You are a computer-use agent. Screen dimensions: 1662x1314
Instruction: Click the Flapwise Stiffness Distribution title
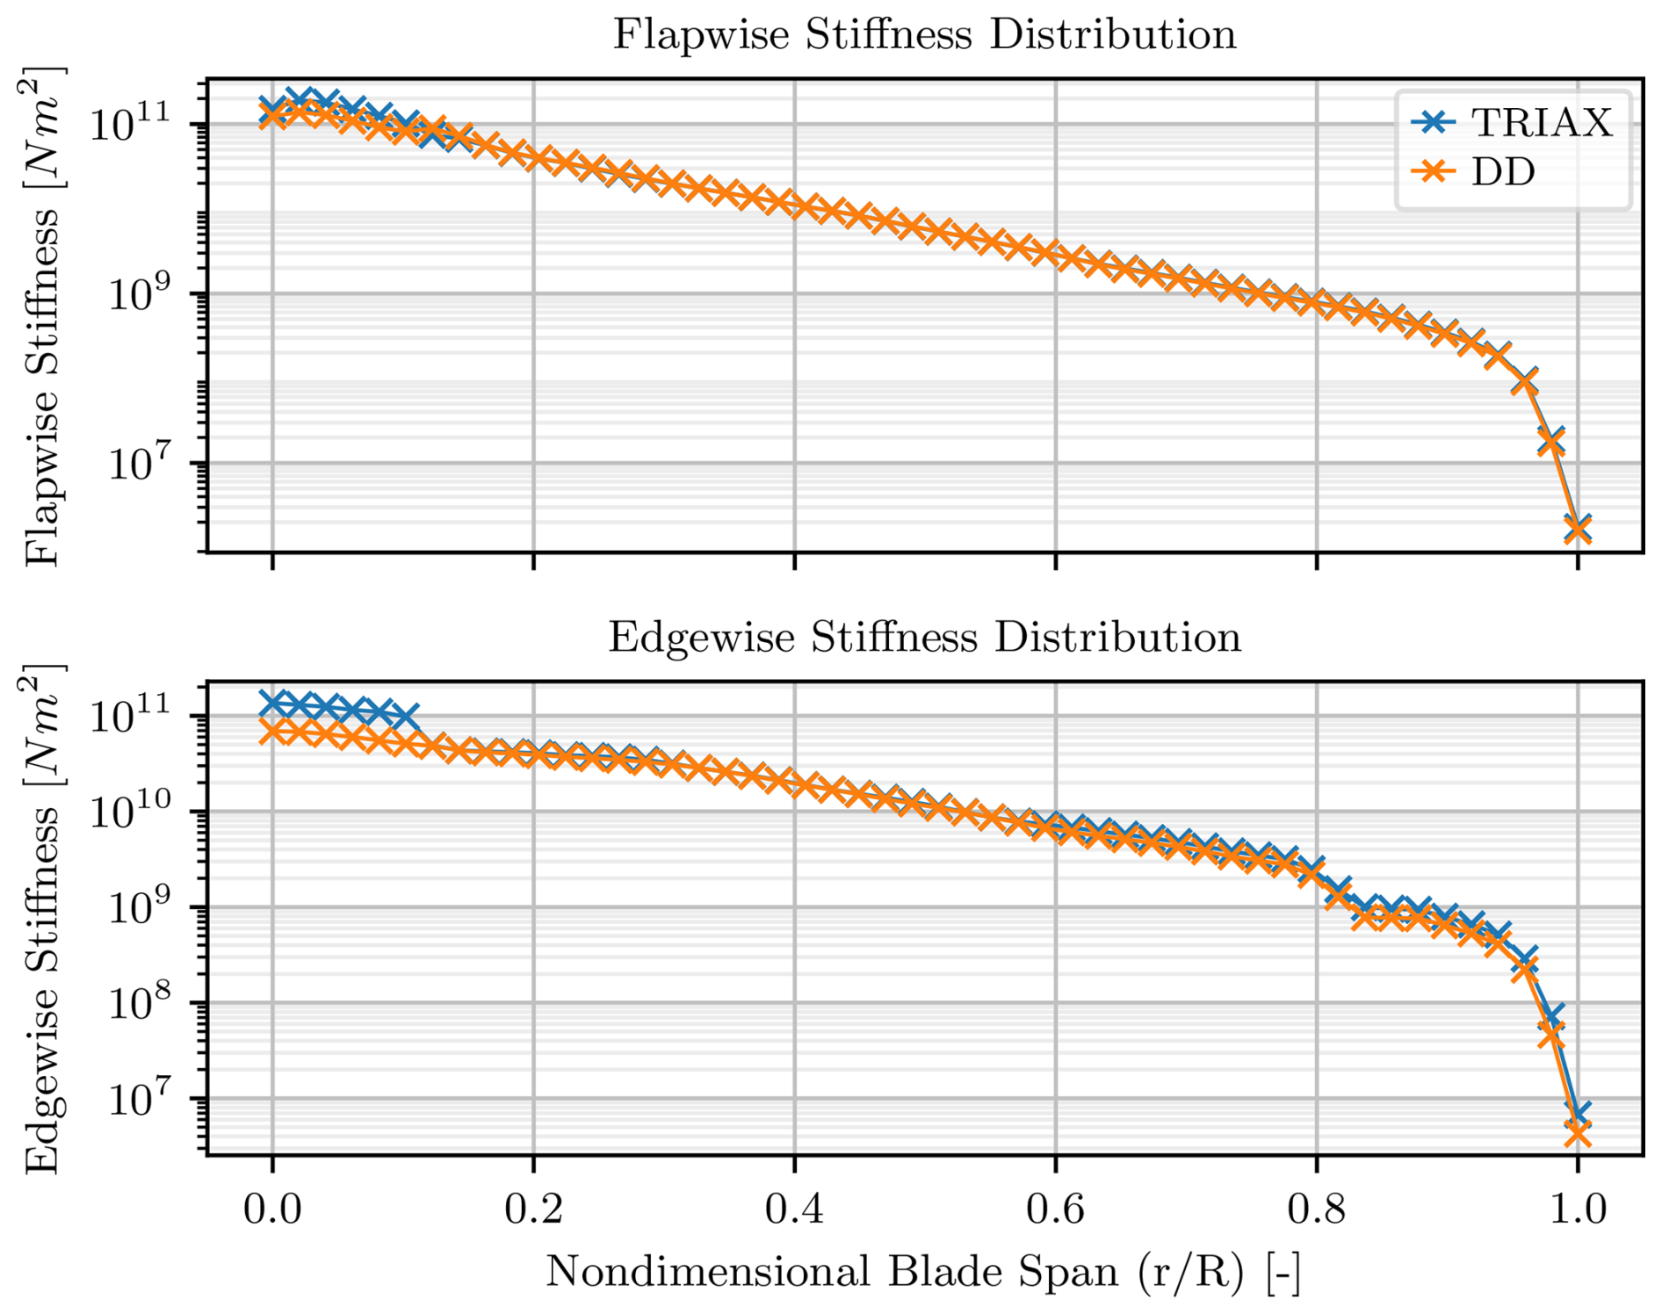[x=924, y=35]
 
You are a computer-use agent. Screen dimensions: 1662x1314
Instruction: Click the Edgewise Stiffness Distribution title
[x=924, y=637]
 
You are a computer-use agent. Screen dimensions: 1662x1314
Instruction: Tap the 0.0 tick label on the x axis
[x=272, y=1209]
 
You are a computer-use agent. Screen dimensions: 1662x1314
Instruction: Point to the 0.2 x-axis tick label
[x=533, y=1209]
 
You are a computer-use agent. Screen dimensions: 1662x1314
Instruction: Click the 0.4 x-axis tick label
[x=794, y=1209]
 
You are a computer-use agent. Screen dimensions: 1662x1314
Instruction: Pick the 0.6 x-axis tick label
[x=1055, y=1209]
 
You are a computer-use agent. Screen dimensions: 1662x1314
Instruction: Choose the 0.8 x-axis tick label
[x=1316, y=1209]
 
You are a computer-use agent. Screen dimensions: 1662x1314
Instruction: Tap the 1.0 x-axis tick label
[x=1578, y=1209]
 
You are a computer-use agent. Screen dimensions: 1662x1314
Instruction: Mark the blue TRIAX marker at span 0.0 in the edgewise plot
[x=273, y=703]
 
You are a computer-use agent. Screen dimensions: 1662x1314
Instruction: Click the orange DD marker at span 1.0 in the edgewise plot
[x=1578, y=1135]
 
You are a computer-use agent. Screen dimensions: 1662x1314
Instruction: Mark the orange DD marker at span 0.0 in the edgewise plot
[x=273, y=731]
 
